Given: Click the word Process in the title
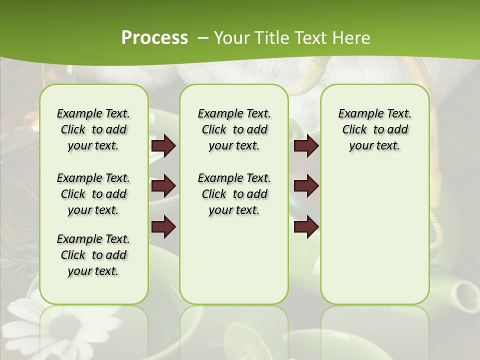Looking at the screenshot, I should [154, 38].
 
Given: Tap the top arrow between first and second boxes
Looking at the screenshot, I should [163, 146].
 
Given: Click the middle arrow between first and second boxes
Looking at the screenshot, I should [163, 186].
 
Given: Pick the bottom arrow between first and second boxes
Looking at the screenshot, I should [163, 227].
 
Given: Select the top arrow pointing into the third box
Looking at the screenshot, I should [306, 146].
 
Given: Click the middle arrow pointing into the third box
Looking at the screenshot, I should [306, 186].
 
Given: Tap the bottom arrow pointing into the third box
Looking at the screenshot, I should [306, 227].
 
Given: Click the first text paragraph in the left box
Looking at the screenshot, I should [93, 129].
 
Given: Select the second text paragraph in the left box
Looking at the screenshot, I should [93, 194].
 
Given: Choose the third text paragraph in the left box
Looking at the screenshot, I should [93, 255].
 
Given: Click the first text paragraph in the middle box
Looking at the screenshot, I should [234, 129].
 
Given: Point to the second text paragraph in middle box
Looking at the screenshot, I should [234, 194].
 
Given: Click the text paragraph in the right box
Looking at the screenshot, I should [374, 129].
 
